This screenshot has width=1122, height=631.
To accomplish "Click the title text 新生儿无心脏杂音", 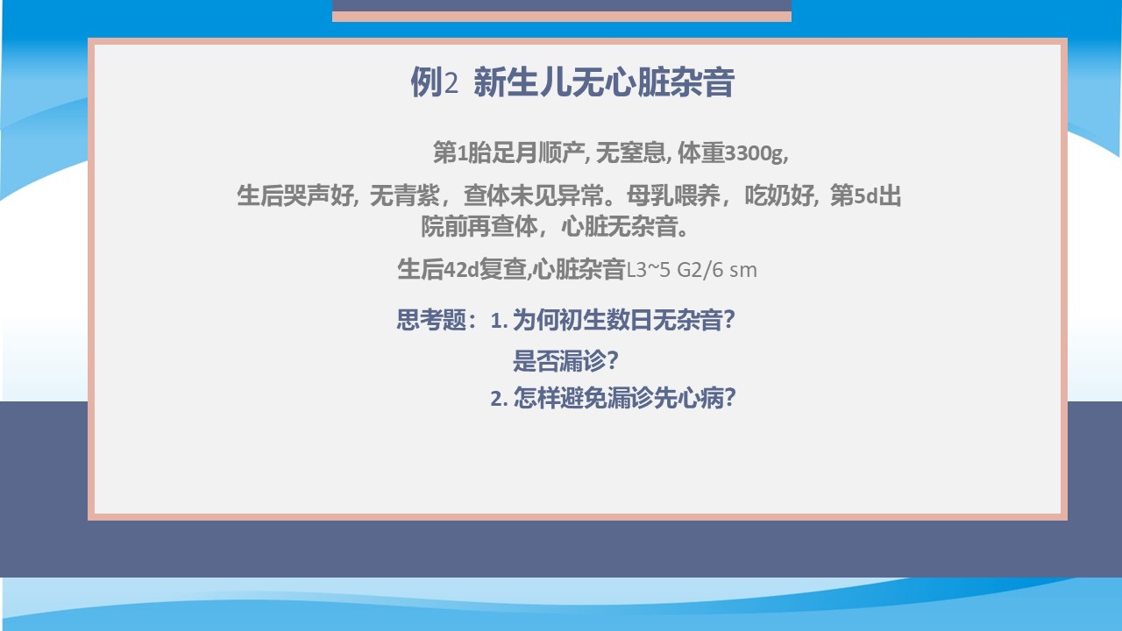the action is [x=604, y=82].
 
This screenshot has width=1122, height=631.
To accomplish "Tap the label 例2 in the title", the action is [x=434, y=82].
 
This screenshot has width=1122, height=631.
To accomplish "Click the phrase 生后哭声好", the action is [x=295, y=195].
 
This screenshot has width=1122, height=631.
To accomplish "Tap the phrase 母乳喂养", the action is [x=673, y=195].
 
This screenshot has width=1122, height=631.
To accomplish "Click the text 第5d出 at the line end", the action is [x=866, y=195].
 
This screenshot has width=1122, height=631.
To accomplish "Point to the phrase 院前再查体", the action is [x=479, y=226].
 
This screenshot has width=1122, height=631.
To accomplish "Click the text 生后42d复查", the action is [x=461, y=269].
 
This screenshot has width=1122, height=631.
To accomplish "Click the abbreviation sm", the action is [x=743, y=271].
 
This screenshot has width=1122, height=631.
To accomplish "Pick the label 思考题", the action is [x=431, y=320].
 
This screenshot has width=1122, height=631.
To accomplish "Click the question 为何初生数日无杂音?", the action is [x=613, y=320].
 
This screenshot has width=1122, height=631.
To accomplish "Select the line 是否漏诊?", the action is [x=565, y=360].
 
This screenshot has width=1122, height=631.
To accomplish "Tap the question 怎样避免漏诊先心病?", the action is [x=613, y=399].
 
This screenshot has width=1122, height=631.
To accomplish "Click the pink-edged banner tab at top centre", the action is [x=562, y=11].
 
